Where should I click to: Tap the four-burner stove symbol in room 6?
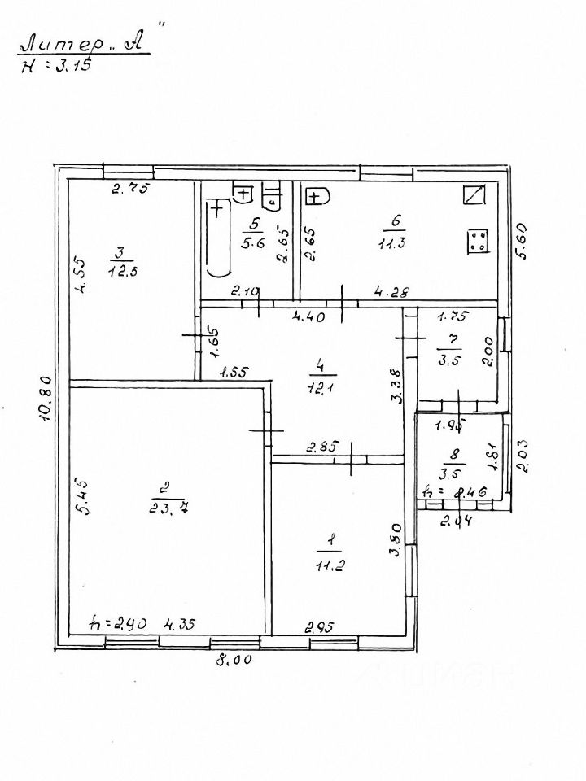tap(478, 242)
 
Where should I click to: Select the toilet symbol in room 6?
tap(317, 196)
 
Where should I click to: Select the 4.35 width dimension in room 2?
tap(181, 625)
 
